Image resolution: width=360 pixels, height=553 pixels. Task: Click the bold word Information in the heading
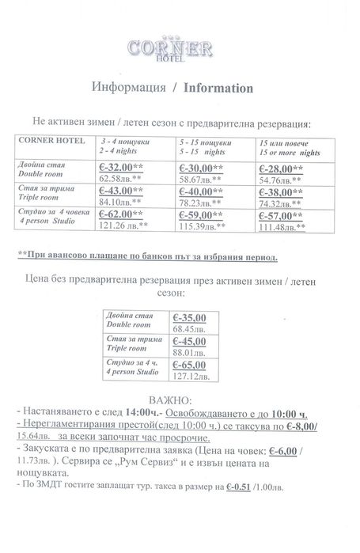[x=218, y=88]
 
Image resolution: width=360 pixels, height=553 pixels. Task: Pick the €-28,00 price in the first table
[x=280, y=169]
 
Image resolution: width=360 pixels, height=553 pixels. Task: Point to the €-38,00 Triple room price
[x=280, y=191]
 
